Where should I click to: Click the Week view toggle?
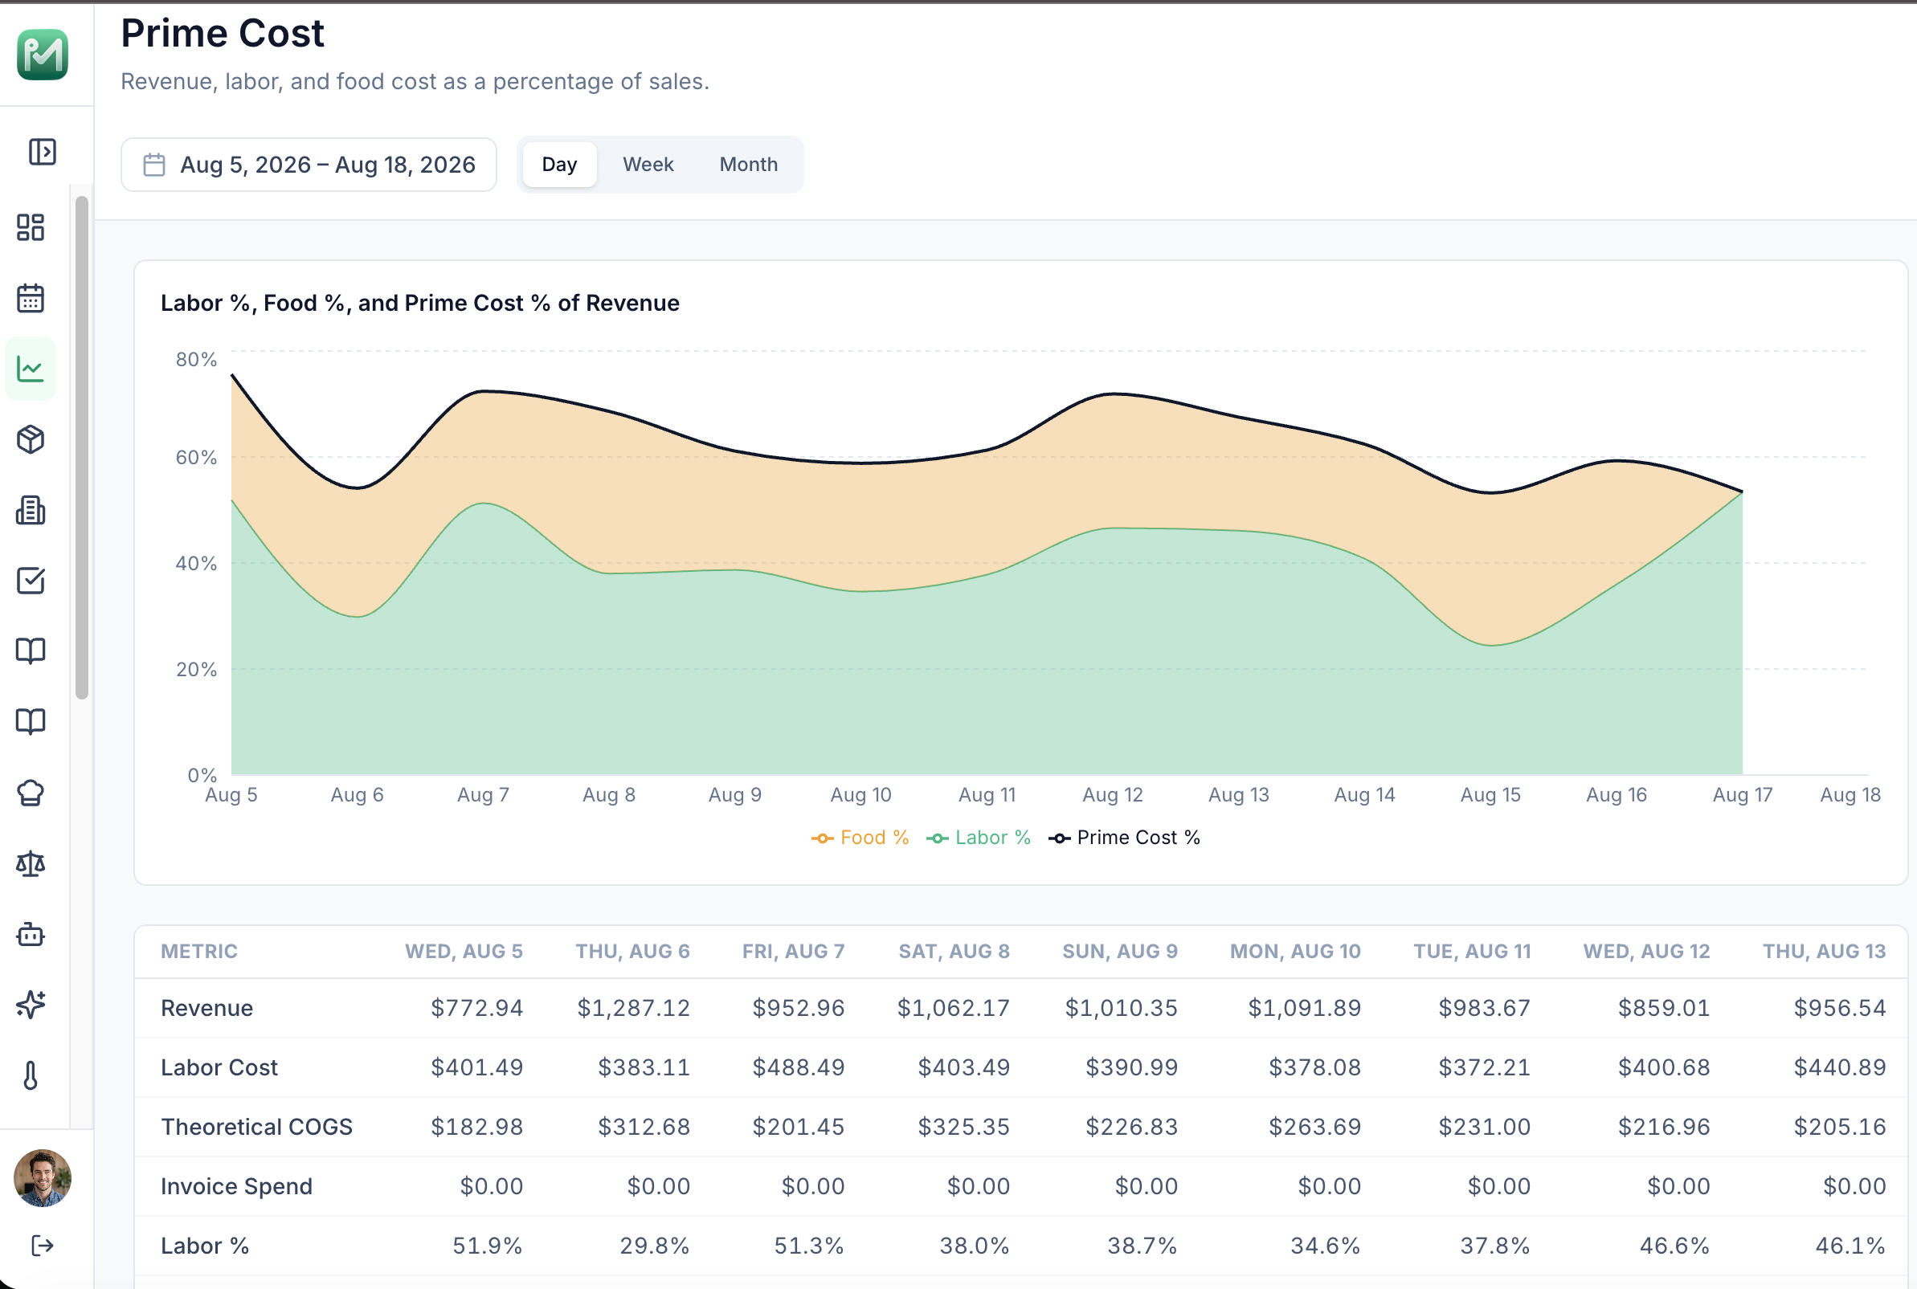[648, 165]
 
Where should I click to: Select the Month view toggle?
[748, 165]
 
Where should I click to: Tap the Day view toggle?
[559, 165]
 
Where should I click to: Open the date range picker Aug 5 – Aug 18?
[309, 165]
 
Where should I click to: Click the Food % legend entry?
[860, 838]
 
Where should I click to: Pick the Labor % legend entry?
[979, 838]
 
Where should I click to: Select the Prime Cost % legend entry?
[1124, 838]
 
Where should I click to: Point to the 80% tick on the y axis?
[196, 359]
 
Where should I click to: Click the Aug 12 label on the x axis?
[1113, 795]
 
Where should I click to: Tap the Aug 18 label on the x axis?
[1850, 795]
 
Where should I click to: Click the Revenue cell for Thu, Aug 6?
[633, 1008]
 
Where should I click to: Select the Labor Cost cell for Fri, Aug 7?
[798, 1067]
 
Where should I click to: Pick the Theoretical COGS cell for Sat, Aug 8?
[963, 1126]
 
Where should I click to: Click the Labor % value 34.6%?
[1325, 1246]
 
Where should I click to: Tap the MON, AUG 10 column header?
[1295, 951]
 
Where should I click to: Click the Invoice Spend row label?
[236, 1186]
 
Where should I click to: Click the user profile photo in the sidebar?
[43, 1178]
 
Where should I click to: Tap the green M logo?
[43, 55]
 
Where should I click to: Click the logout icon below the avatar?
[42, 1246]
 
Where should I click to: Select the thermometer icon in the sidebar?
[31, 1075]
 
